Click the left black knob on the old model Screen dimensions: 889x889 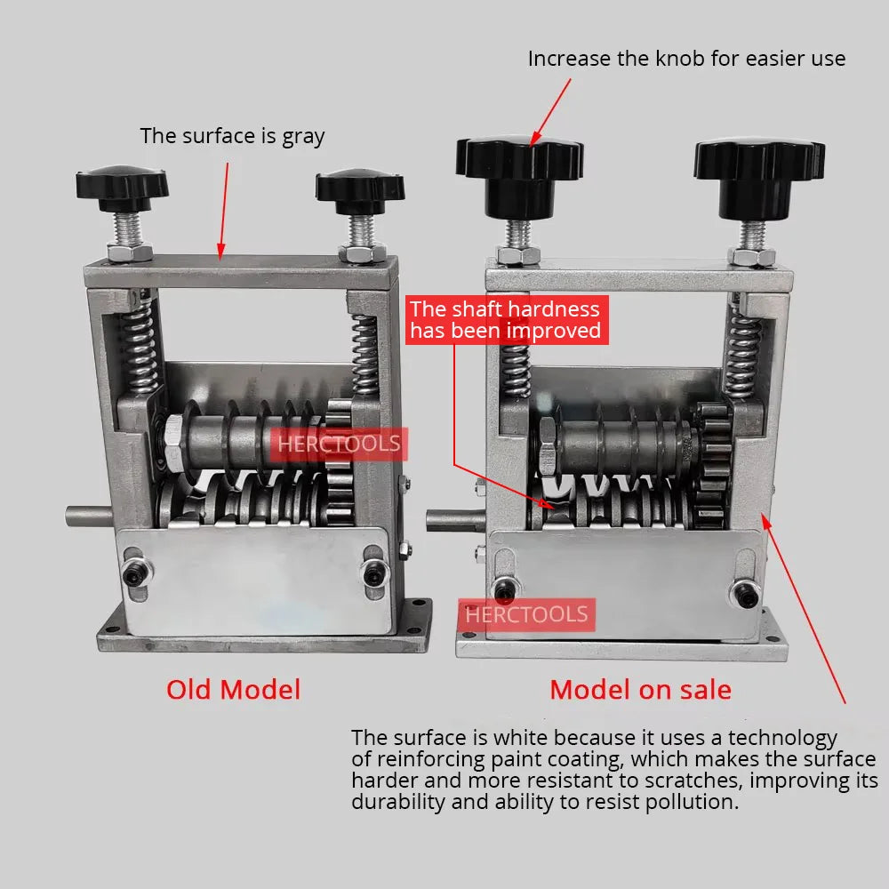(122, 184)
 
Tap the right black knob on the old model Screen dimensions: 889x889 (360, 187)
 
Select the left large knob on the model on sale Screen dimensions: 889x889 (519, 161)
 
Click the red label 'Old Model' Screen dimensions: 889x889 (233, 690)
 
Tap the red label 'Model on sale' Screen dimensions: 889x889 (640, 690)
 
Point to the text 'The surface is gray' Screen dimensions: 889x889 (232, 136)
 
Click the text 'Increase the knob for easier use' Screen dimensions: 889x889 (686, 59)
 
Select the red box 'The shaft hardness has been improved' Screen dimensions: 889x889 (505, 320)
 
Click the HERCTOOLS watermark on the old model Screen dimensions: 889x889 (339, 444)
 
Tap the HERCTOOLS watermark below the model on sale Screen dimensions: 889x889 (526, 614)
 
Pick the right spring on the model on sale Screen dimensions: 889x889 (743, 350)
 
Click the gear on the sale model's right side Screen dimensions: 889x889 (711, 462)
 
